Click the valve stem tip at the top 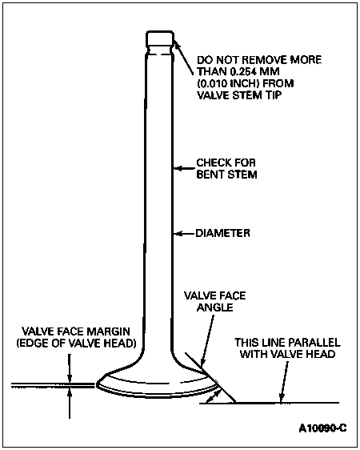(160, 39)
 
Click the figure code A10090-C (322, 428)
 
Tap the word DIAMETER (222, 233)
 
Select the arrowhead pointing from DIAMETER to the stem (178, 234)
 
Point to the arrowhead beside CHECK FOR (178, 168)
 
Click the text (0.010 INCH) (228, 83)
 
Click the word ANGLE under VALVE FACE (215, 307)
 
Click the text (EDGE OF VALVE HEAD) (76, 344)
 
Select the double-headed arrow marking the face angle (214, 396)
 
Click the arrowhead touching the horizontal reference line (282, 398)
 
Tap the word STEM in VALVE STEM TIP (247, 95)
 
